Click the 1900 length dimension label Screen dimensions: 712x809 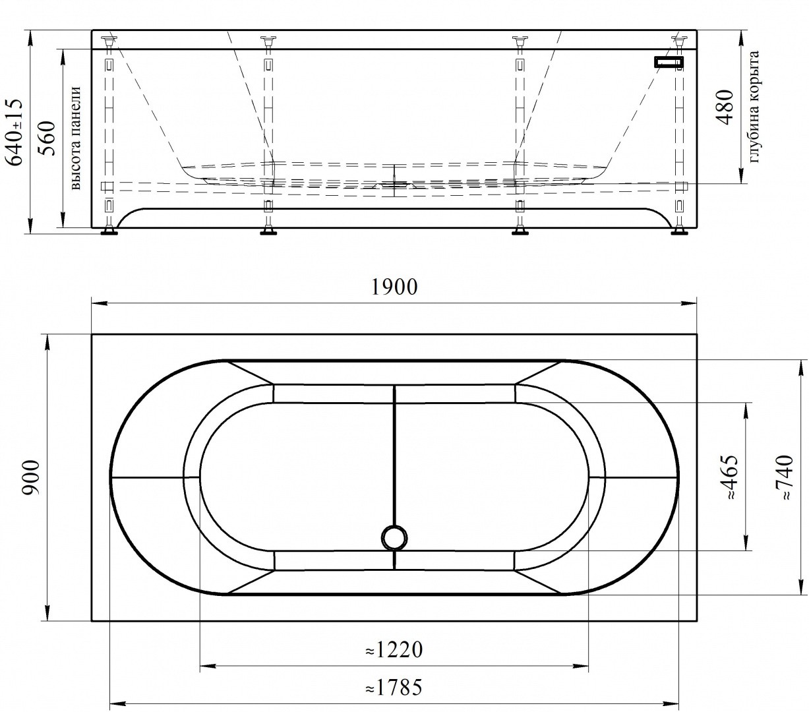(x=394, y=287)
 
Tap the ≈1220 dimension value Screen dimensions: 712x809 (x=394, y=650)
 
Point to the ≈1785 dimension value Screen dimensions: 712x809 (x=394, y=688)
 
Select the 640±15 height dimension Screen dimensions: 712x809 (x=14, y=132)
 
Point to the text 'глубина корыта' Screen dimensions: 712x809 (x=755, y=107)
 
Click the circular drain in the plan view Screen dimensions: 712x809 (x=394, y=537)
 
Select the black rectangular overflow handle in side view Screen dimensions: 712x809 (x=669, y=62)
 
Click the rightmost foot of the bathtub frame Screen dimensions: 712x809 (x=678, y=231)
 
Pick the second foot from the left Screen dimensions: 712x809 (x=268, y=231)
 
